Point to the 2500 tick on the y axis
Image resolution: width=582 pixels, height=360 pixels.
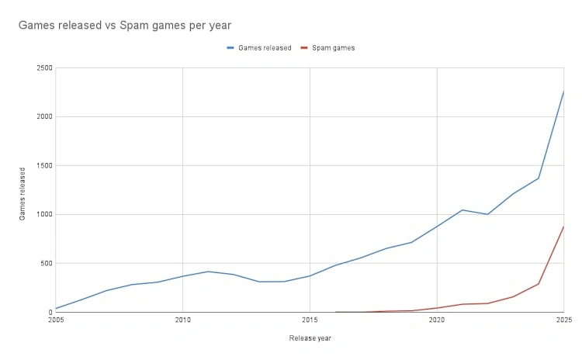click(44, 68)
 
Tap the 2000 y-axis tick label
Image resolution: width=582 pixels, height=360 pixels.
click(44, 117)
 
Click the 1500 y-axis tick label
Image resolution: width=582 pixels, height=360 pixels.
click(44, 166)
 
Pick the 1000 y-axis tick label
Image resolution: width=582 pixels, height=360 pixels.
click(44, 215)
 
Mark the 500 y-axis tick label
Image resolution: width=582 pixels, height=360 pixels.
click(47, 264)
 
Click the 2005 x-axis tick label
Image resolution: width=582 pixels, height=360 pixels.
click(56, 319)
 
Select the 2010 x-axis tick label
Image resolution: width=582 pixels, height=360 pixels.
click(182, 319)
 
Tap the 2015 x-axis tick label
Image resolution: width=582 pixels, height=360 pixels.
click(310, 319)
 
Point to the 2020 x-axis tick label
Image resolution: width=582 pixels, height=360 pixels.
click(437, 319)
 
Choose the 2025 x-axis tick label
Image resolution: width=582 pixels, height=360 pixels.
click(563, 319)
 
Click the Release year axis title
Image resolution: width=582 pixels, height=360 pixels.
click(310, 338)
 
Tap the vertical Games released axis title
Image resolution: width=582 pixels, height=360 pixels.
click(23, 192)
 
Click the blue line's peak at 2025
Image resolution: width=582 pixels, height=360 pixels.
click(563, 92)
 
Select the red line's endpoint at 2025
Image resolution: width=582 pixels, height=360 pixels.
click(563, 227)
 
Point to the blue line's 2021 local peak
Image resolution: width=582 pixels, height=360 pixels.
click(462, 210)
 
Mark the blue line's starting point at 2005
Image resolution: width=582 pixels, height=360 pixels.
click(56, 309)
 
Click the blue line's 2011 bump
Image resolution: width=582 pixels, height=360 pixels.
click(208, 272)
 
